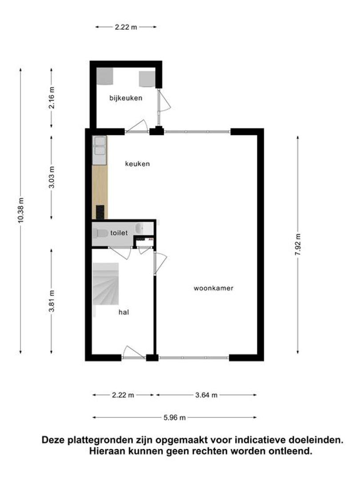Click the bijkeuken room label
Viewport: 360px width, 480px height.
pyautogui.click(x=126, y=98)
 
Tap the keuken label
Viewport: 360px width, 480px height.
pyautogui.click(x=137, y=164)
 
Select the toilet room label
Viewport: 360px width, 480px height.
pyautogui.click(x=119, y=233)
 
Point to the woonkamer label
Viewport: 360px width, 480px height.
pyautogui.click(x=213, y=288)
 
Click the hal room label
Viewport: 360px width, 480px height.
pyautogui.click(x=124, y=312)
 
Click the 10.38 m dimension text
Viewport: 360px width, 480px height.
pyautogui.click(x=21, y=210)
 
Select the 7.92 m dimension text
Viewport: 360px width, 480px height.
pyautogui.click(x=298, y=244)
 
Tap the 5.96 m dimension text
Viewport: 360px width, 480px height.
pyautogui.click(x=175, y=417)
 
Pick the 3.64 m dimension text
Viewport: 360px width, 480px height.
pyautogui.click(x=206, y=395)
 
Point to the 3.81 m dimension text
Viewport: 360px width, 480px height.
pyautogui.click(x=52, y=301)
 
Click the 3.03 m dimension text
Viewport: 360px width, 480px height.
pyautogui.click(x=52, y=177)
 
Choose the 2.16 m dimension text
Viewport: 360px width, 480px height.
pyautogui.click(x=52, y=98)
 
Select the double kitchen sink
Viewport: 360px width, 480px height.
pyautogui.click(x=100, y=146)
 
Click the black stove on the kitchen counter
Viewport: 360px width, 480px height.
pyautogui.click(x=100, y=212)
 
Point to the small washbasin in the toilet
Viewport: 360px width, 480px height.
pyautogui.click(x=140, y=228)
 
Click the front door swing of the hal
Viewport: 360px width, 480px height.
pyautogui.click(x=133, y=352)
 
